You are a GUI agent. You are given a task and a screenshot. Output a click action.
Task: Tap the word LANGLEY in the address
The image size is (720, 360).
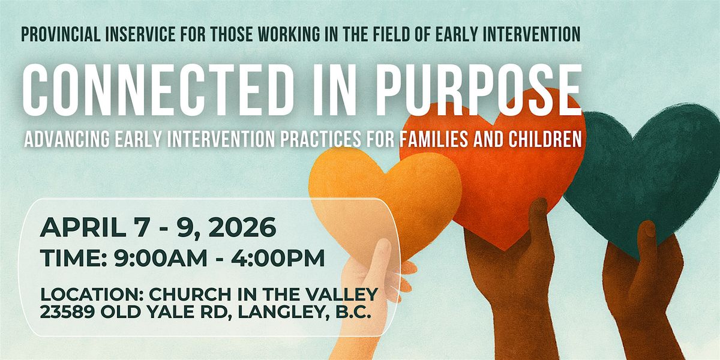click(289, 312)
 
